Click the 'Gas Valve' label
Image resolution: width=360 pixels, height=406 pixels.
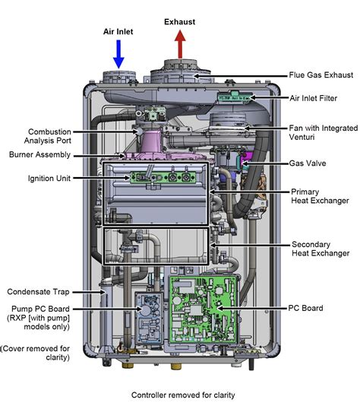point(308,163)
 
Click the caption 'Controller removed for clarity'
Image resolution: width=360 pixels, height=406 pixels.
point(183,395)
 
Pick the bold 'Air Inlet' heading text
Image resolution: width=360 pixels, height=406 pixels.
point(118,32)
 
